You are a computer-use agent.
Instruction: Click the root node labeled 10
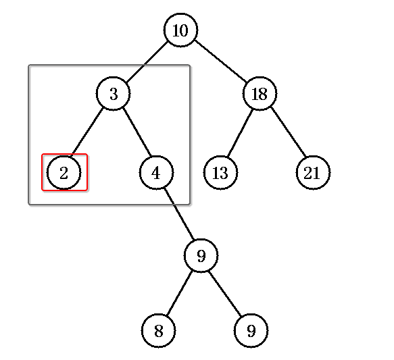[180, 30]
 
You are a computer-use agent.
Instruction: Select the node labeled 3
[114, 94]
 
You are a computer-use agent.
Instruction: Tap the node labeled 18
[260, 94]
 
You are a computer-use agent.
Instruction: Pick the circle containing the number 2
[64, 172]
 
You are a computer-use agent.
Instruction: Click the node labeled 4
[156, 172]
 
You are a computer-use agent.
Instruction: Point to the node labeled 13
[220, 172]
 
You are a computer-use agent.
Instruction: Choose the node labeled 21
[313, 172]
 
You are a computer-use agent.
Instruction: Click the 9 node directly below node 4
[201, 256]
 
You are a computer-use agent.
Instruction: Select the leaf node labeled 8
[158, 331]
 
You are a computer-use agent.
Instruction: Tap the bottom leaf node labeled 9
[251, 331]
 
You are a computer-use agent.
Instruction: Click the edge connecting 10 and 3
[147, 62]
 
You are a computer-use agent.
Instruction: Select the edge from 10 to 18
[220, 61]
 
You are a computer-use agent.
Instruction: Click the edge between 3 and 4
[137, 132]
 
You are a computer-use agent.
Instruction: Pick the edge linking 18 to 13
[240, 133]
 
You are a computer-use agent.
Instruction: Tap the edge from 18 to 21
[289, 132]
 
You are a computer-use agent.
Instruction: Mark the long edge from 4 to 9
[179, 214]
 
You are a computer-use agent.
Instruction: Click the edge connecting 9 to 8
[180, 293]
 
